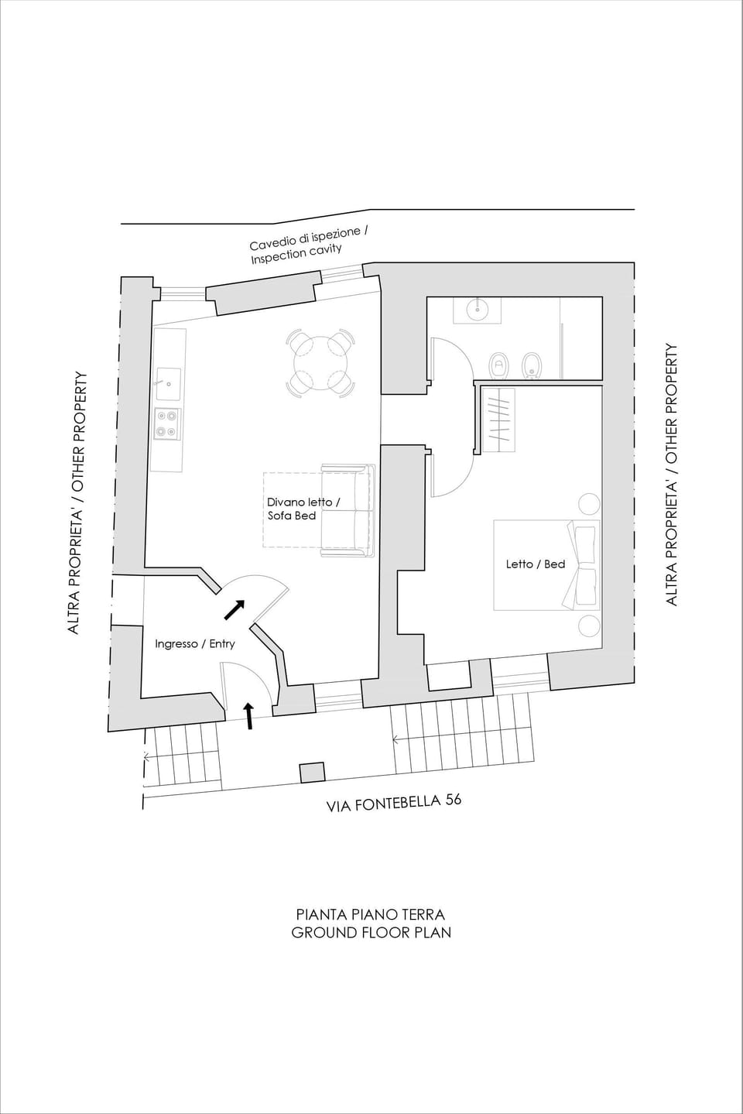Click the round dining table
(x=320, y=361)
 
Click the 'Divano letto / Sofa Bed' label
(x=303, y=509)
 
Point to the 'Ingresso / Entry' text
(x=194, y=643)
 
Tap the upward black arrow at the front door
(x=249, y=716)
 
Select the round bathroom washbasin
(x=478, y=310)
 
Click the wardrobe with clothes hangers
(x=498, y=419)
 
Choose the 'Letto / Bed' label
(x=536, y=564)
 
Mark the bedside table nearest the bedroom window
(x=589, y=626)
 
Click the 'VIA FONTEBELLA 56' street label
(x=394, y=803)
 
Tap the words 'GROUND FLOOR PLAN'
(x=371, y=933)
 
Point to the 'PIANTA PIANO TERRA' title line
(x=371, y=915)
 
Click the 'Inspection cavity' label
(x=296, y=254)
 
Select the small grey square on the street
(x=312, y=772)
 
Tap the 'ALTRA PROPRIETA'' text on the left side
(x=74, y=569)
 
